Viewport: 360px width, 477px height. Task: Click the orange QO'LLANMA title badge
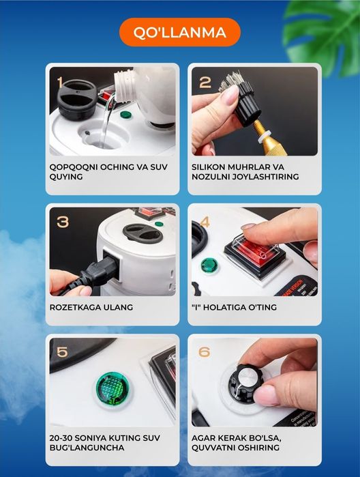click(x=180, y=32)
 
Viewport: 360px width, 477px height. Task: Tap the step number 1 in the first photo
click(x=60, y=83)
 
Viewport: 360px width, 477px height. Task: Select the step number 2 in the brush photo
click(x=205, y=83)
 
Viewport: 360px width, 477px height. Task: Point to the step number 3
click(x=63, y=222)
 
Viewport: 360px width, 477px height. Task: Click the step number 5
click(x=62, y=352)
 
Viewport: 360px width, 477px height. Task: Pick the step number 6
click(x=204, y=352)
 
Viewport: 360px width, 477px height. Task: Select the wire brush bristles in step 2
click(x=234, y=80)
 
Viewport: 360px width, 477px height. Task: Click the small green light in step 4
click(x=209, y=265)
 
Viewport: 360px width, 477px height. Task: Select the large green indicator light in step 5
click(x=112, y=389)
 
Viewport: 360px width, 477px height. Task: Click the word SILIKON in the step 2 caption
click(x=208, y=167)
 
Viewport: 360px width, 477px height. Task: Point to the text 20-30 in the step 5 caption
click(x=61, y=438)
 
